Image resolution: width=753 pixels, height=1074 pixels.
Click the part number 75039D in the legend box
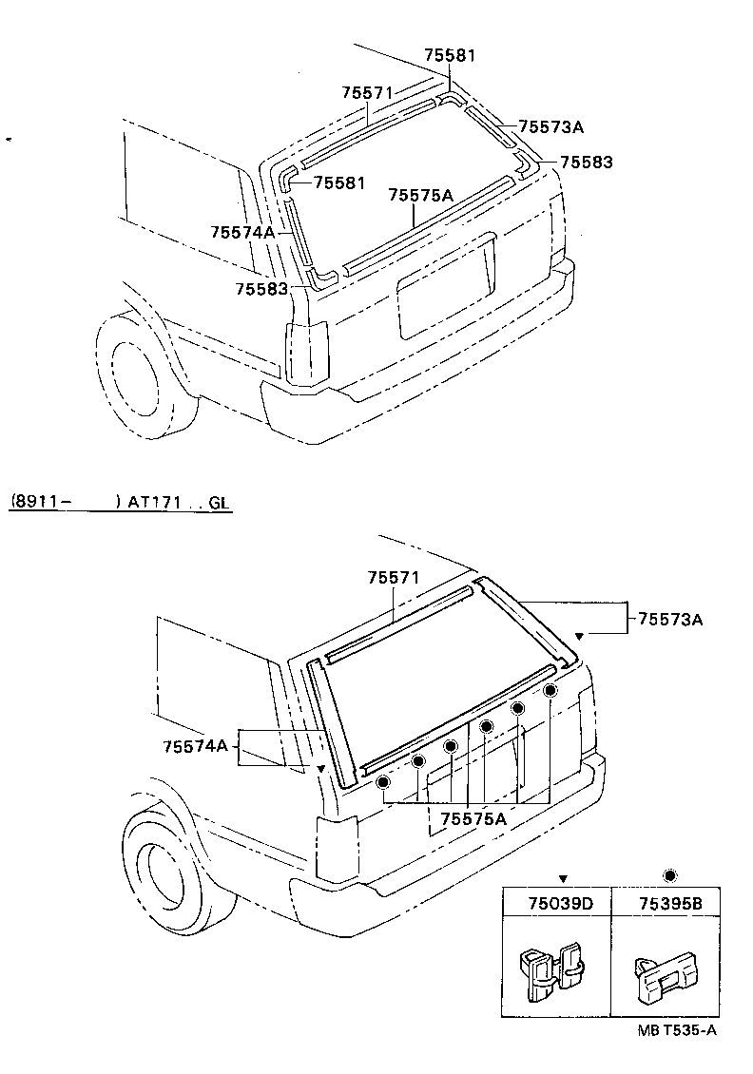560,904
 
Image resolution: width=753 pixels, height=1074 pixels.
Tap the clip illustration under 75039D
551,972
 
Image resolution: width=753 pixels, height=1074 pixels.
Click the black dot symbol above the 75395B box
669,875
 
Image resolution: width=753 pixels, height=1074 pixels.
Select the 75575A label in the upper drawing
420,195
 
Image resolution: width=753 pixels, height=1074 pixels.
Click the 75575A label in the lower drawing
473,816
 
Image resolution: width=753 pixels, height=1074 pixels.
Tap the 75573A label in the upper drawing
551,126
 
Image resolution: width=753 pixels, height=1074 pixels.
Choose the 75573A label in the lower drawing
670,620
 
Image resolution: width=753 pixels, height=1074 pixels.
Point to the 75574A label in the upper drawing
242,232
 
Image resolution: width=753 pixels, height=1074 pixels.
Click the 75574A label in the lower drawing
196,747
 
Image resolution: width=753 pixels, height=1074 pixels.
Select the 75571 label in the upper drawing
367,92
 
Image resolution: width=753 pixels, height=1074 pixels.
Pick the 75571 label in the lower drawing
394,578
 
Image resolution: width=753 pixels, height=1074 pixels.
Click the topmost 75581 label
450,56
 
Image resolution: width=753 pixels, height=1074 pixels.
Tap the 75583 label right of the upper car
586,163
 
